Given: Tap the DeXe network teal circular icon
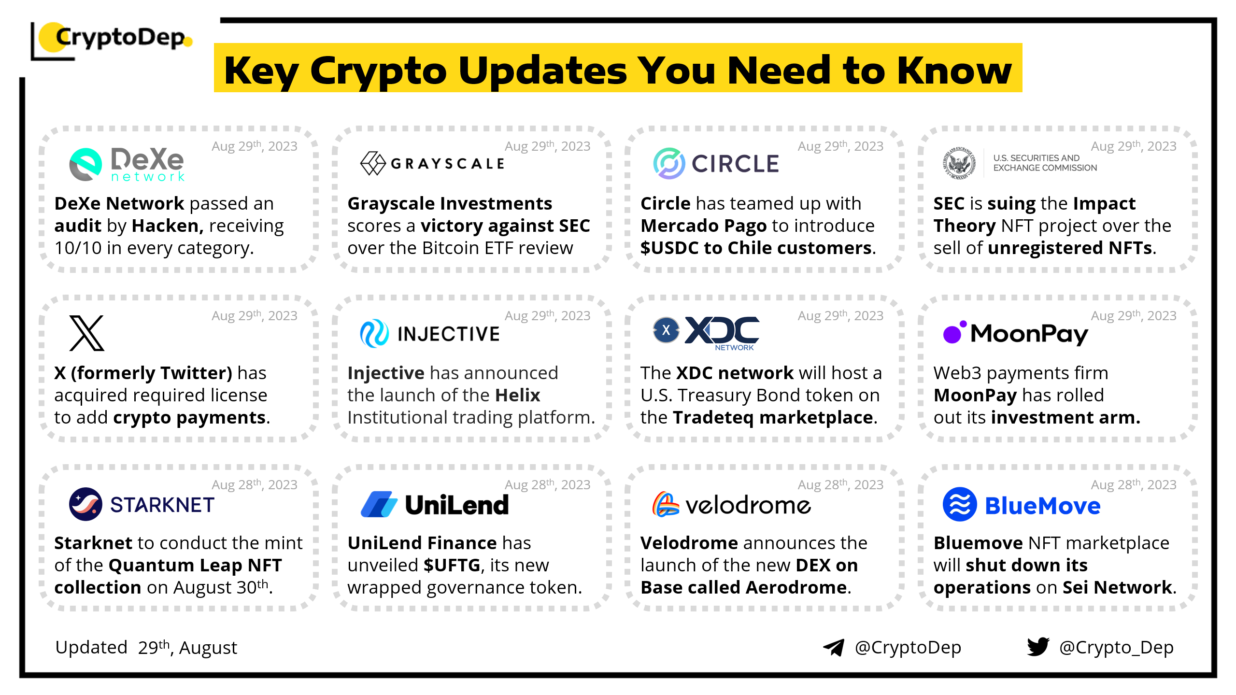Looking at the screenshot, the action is (85, 164).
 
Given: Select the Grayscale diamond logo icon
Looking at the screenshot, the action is (373, 163).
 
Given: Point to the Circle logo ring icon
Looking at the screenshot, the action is (669, 163).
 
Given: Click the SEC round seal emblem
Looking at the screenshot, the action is (959, 163).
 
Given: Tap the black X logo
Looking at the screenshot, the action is (87, 333).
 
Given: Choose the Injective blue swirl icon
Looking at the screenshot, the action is (374, 333).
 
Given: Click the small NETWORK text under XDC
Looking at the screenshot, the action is (734, 347).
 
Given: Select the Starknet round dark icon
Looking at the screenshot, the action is (85, 504).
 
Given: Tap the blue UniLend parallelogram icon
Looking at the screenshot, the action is (379, 504).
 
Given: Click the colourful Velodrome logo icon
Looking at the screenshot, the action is (666, 504).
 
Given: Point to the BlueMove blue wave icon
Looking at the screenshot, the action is (960, 504).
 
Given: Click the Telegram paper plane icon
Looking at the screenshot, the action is (834, 648).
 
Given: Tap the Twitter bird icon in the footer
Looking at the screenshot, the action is (1038, 647).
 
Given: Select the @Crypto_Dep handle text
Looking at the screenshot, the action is (1116, 648).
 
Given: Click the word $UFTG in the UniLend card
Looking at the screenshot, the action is (452, 565).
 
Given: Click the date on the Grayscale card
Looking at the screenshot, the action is (548, 146).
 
